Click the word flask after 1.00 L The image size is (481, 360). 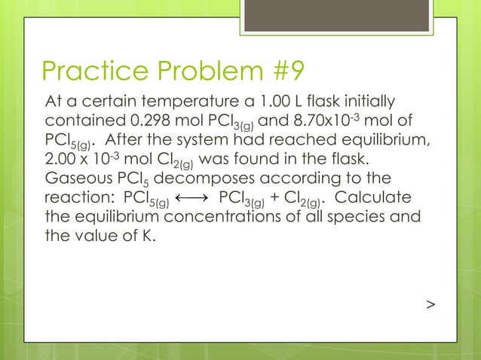coord(331,101)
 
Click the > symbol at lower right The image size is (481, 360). coord(430,304)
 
